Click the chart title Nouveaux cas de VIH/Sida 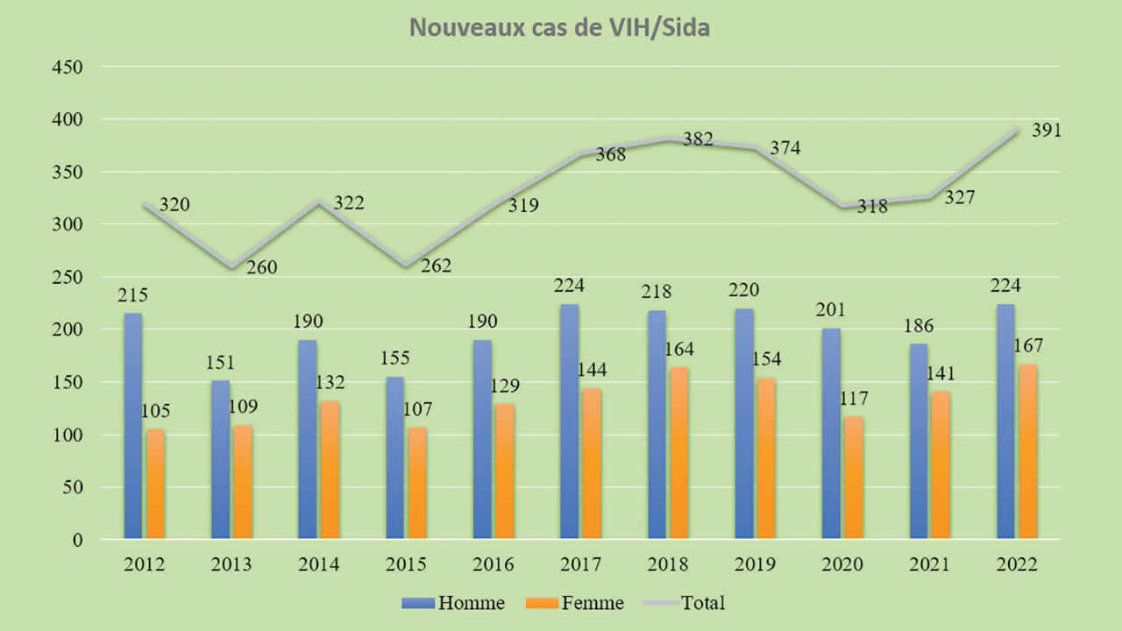(560, 28)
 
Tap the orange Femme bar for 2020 (853, 478)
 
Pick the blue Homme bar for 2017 (569, 422)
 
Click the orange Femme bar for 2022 (1027, 451)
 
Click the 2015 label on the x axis (406, 564)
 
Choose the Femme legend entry (575, 603)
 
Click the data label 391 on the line (1047, 131)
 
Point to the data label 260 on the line (261, 267)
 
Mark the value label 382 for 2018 (698, 139)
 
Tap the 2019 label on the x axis (755, 564)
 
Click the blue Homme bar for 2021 (919, 441)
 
